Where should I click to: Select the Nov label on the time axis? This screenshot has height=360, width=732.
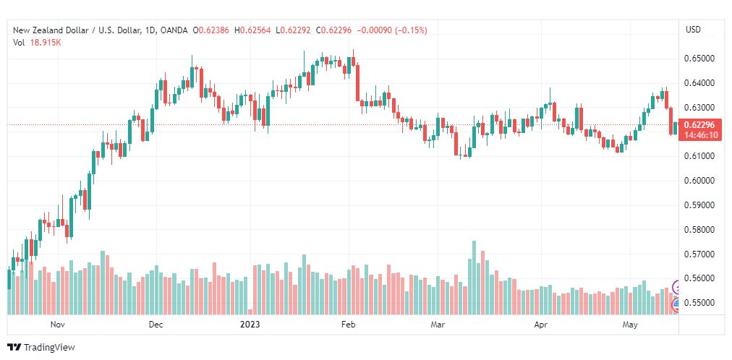tap(57, 324)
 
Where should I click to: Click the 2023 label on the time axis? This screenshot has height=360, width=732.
tap(250, 324)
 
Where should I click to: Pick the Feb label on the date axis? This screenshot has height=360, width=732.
tap(348, 324)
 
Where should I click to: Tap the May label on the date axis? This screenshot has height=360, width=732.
tap(630, 324)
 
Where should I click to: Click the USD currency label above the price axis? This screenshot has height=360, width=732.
tap(693, 30)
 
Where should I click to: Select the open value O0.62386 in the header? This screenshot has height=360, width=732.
tap(210, 30)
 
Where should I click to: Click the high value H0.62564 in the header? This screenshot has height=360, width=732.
tap(252, 30)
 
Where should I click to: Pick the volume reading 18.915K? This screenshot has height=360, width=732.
tap(46, 43)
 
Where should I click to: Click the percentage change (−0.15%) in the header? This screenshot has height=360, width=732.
tap(412, 30)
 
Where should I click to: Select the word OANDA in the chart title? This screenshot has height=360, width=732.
tap(174, 30)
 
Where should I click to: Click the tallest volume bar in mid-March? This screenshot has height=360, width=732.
tap(474, 278)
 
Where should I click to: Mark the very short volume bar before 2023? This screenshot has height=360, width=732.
tap(250, 312)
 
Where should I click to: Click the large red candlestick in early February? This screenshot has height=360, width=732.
tap(357, 83)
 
